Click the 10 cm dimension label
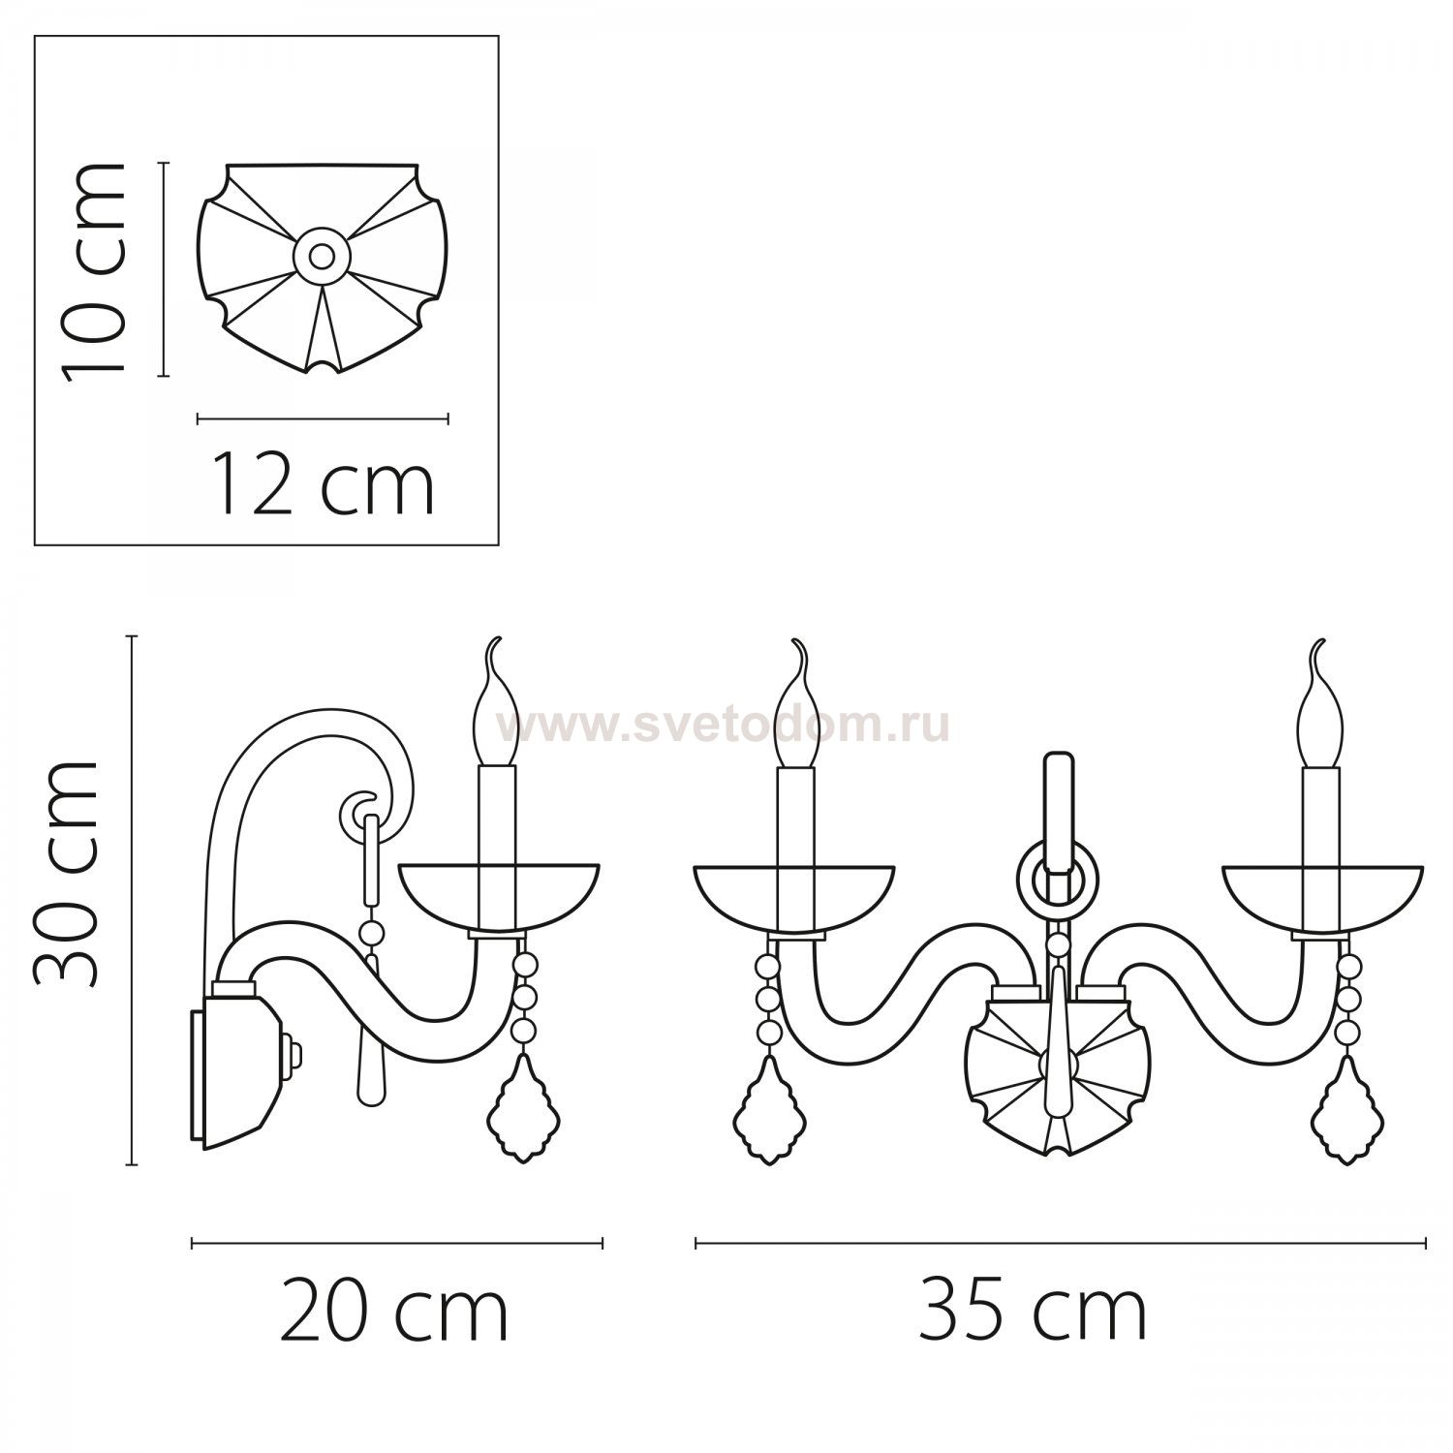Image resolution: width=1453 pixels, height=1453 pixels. pyautogui.click(x=94, y=270)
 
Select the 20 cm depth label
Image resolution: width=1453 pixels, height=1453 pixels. pyautogui.click(x=394, y=1313)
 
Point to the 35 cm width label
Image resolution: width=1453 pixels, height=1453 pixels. pyautogui.click(x=1033, y=1313)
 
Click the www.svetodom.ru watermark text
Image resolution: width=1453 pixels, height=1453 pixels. pyautogui.click(x=724, y=724)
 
